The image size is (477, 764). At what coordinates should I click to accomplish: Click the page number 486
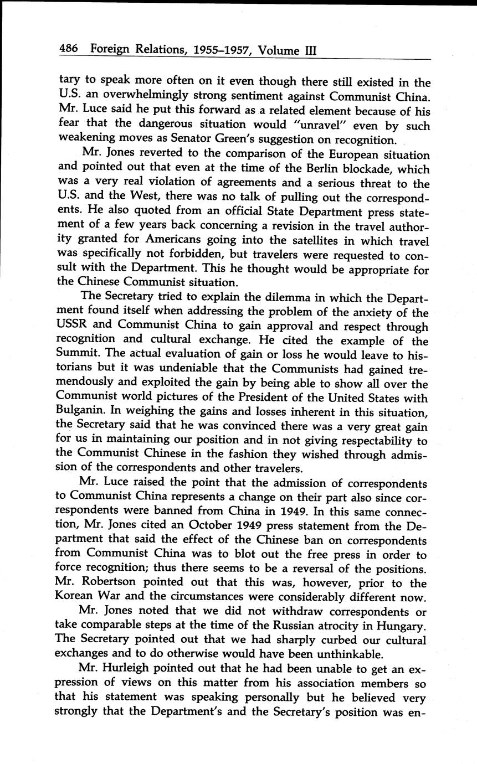click(x=69, y=50)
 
